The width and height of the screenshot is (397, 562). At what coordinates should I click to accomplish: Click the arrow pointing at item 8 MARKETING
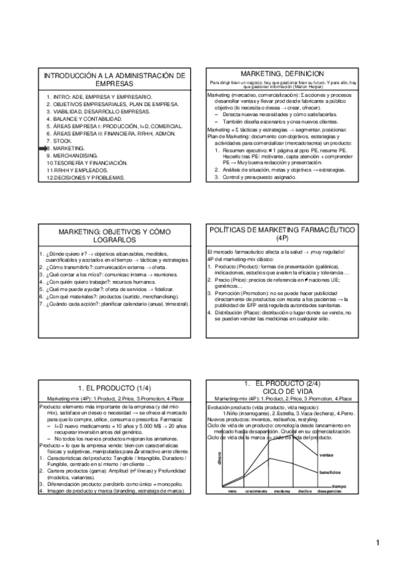point(41,149)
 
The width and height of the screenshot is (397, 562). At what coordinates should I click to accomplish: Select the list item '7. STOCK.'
point(60,140)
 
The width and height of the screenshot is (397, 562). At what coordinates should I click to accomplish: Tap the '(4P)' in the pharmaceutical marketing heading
point(282,237)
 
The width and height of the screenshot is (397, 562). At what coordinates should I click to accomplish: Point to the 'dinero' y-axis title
point(217,457)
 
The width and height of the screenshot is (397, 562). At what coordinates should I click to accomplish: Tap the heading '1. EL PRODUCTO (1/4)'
point(114,386)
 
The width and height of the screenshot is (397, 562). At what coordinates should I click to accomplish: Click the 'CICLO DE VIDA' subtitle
point(282,391)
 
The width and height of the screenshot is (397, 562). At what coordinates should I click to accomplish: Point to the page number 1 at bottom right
point(377,545)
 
